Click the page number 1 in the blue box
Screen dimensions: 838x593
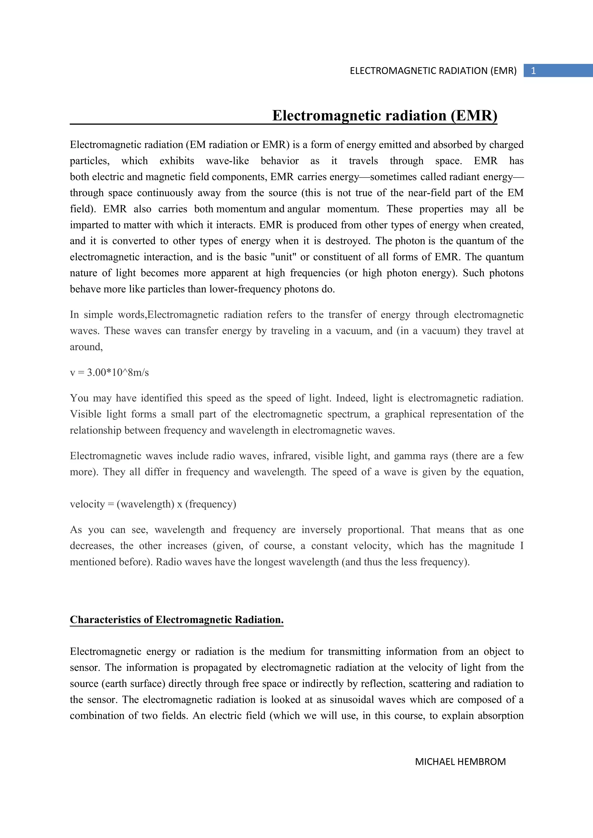coord(533,71)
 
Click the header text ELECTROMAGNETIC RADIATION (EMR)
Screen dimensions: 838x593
coord(433,71)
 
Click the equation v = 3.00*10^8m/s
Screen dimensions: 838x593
coord(109,373)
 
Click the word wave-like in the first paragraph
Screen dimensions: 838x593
coord(227,161)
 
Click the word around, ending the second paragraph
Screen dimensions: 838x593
coord(86,347)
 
